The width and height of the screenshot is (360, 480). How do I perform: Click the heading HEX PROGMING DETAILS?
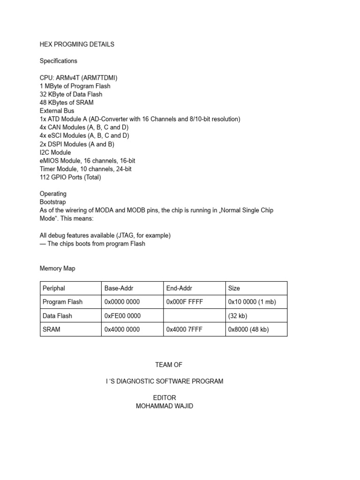pos(77,45)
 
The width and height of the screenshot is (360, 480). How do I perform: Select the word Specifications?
pos(59,61)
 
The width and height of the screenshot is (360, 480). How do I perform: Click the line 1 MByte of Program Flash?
pos(75,86)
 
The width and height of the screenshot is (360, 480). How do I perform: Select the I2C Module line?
pos(55,152)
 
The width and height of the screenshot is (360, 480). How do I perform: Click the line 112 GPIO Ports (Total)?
pos(70,177)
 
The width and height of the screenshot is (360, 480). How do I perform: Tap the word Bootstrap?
pos(53,202)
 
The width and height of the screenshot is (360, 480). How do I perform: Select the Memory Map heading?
pos(57,269)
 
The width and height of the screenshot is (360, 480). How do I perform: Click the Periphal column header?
pos(54,288)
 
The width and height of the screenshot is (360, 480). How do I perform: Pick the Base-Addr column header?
pos(119,288)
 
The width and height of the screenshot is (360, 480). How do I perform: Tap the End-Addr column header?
pos(179,288)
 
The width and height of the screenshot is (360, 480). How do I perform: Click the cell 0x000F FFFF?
pos(185,302)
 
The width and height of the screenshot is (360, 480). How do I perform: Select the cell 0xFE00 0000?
pos(122,316)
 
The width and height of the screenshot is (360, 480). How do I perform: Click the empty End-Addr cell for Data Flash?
pos(194,316)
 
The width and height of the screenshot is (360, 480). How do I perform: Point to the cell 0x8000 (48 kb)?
pos(248,330)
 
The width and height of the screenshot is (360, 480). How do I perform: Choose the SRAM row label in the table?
pos(52,330)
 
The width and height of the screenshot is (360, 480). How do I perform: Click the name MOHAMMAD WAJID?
pos(165,406)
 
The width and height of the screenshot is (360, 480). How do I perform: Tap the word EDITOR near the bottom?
pos(165,398)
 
